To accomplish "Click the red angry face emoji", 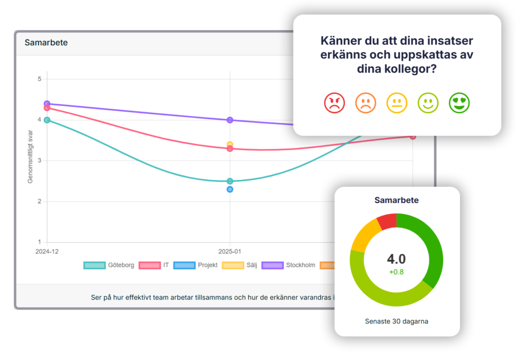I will (x=334, y=103).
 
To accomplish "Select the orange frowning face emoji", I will (x=365, y=103).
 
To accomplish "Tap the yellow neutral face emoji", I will (x=397, y=103).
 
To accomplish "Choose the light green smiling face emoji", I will (x=428, y=103).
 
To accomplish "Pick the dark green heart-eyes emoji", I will (x=459, y=103).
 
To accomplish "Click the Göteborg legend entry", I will (x=109, y=265).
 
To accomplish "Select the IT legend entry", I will (x=154, y=265).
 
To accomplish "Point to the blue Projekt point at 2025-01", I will (x=230, y=189).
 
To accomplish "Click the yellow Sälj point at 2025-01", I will (x=230, y=144).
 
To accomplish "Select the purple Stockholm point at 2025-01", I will (x=230, y=120).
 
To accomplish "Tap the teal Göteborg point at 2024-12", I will (x=47, y=120).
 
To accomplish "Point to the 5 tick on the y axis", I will (x=39, y=79).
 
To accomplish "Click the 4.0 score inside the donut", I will (x=397, y=259).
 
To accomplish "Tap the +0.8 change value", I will (x=397, y=272).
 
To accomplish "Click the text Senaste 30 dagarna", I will (x=397, y=321).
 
